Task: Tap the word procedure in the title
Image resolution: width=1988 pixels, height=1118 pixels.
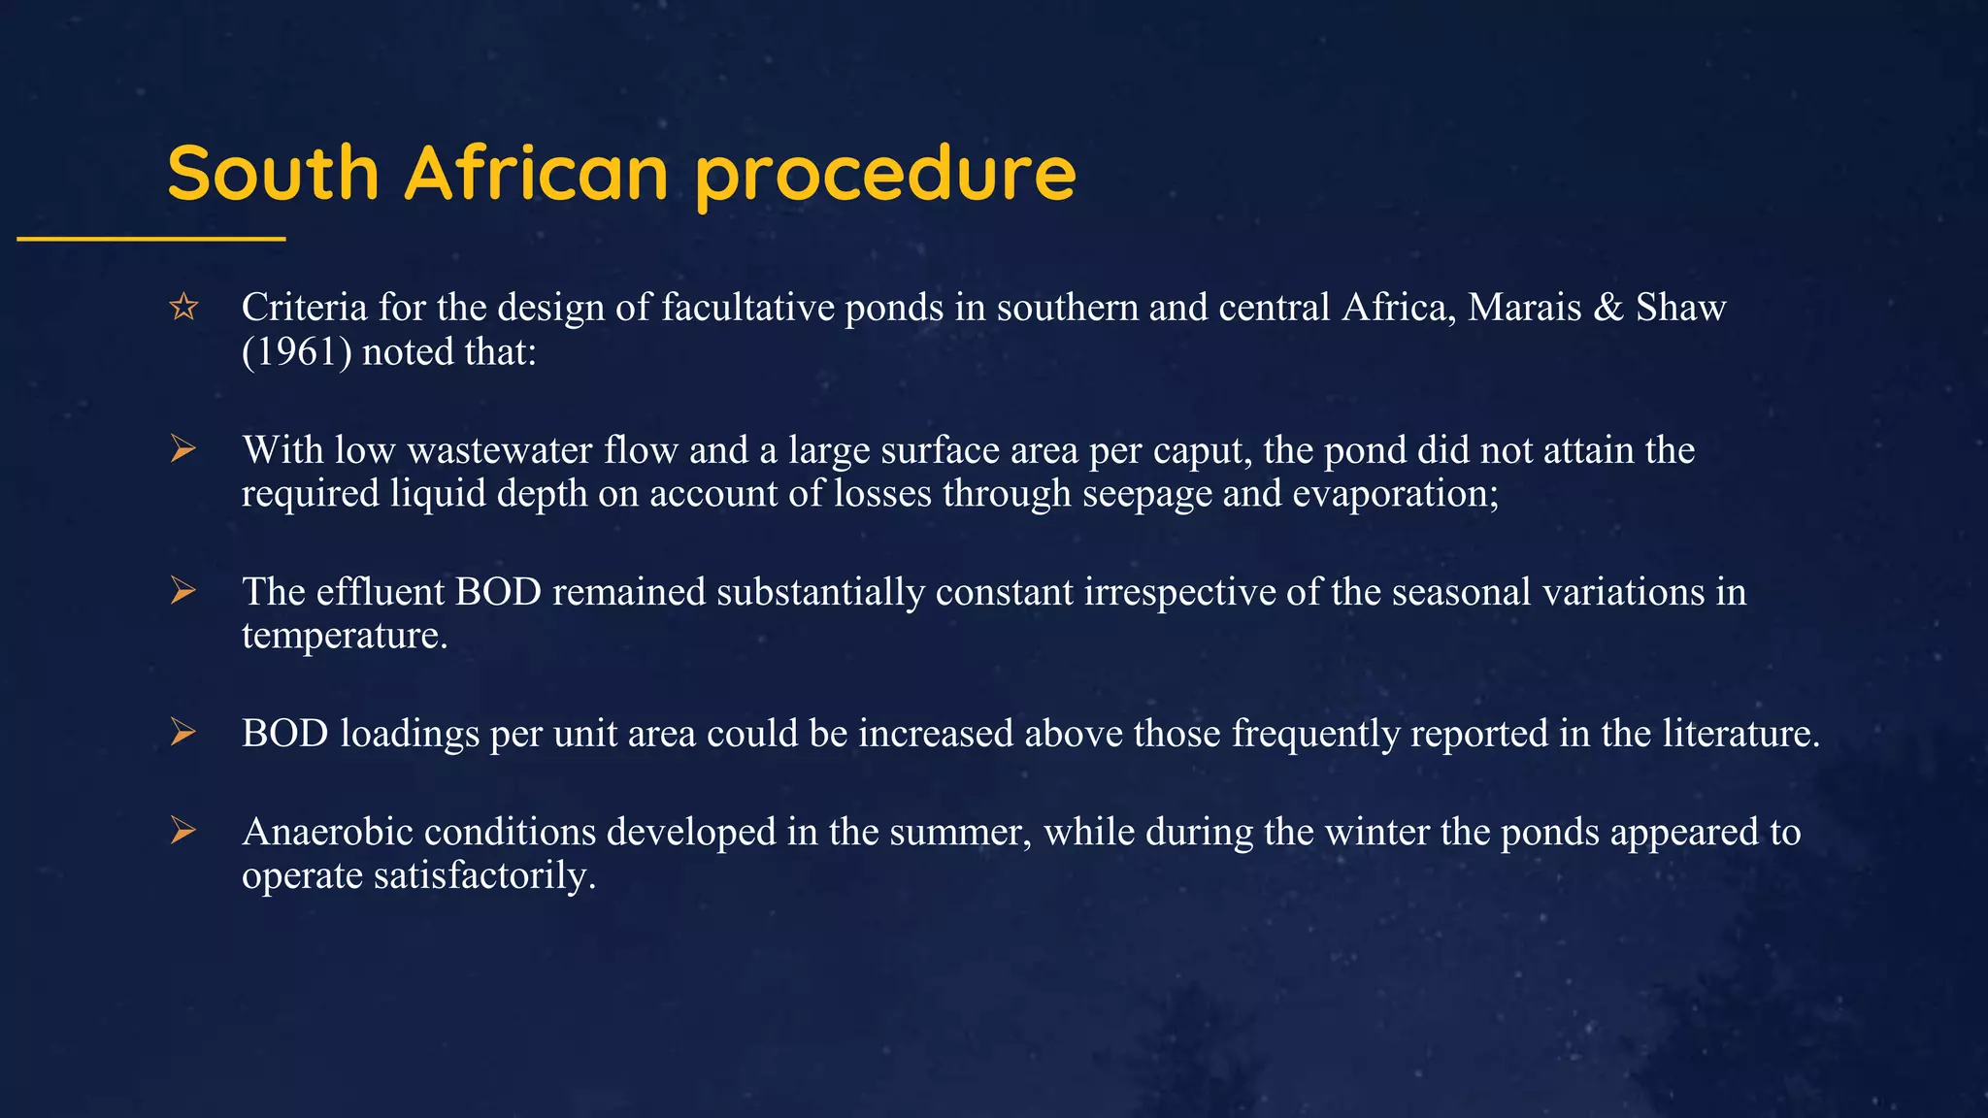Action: [885, 175]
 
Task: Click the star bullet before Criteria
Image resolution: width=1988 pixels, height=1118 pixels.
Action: [183, 308]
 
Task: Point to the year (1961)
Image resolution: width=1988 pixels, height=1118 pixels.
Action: [297, 351]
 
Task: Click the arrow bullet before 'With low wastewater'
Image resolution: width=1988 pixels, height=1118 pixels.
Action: [182, 449]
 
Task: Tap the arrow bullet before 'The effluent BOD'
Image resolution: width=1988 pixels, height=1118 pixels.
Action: [182, 591]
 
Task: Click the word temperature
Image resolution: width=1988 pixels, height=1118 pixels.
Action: [344, 636]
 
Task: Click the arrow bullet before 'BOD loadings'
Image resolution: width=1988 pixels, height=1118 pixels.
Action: [182, 733]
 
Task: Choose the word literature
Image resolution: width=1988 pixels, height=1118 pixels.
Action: [1740, 733]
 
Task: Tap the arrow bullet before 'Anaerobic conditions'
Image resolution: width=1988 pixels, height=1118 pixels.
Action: [182, 832]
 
